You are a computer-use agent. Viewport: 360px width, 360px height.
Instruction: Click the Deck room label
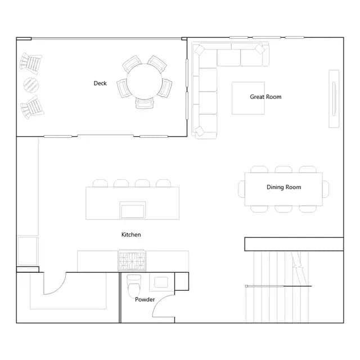(100, 83)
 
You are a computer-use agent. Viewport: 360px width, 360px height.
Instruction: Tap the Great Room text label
(265, 97)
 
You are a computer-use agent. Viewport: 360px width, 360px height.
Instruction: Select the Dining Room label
(283, 187)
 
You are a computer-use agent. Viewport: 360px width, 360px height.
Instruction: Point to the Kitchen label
(131, 235)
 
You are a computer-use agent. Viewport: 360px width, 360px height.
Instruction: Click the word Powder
(145, 299)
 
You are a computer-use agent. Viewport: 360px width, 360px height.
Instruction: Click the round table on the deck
(145, 82)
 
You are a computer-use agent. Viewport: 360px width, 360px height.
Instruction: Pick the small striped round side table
(31, 85)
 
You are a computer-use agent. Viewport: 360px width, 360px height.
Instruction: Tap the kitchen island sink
(133, 210)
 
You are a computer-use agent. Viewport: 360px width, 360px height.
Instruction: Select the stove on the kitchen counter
(132, 260)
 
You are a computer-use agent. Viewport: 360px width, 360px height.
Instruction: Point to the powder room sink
(161, 282)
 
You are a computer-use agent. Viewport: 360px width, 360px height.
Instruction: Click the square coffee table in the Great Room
(248, 98)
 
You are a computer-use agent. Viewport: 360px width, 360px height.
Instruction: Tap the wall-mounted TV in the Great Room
(334, 98)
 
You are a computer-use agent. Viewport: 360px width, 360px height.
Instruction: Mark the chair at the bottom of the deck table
(145, 103)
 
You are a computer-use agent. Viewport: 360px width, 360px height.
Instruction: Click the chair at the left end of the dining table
(241, 189)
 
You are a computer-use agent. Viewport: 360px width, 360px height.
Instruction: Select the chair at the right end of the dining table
(326, 189)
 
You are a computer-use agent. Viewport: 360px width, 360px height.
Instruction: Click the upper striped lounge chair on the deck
(31, 63)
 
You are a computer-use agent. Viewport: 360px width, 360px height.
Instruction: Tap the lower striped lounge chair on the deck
(32, 107)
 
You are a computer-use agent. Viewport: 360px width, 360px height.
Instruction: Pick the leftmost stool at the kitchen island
(100, 183)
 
